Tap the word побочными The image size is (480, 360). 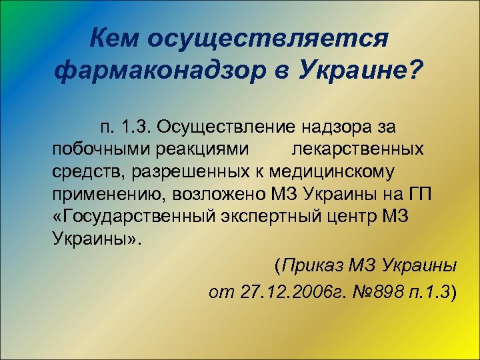point(99,149)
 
